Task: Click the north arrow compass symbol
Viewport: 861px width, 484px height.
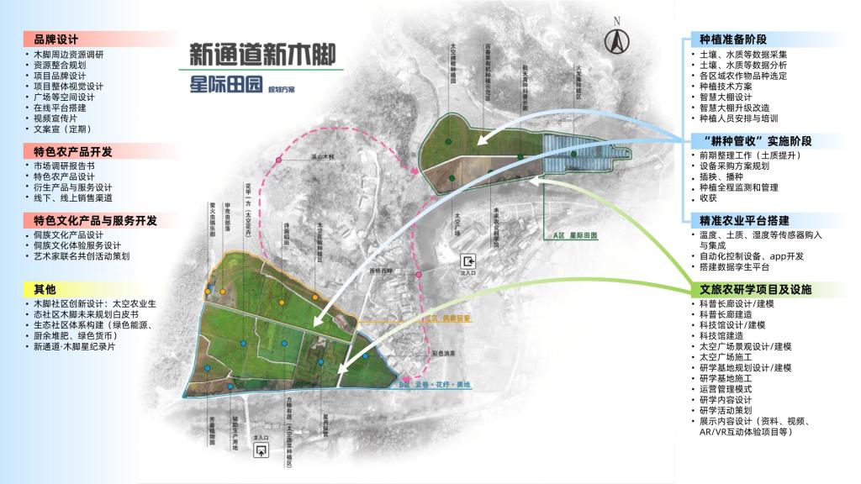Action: coord(616,38)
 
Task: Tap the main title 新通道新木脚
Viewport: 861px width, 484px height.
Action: coord(262,54)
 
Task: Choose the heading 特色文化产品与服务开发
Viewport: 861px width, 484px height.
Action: coord(95,220)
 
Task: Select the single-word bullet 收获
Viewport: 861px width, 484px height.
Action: coord(708,198)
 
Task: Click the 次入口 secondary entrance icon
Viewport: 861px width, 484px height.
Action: coord(469,260)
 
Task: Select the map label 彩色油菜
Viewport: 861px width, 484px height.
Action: coord(444,354)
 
